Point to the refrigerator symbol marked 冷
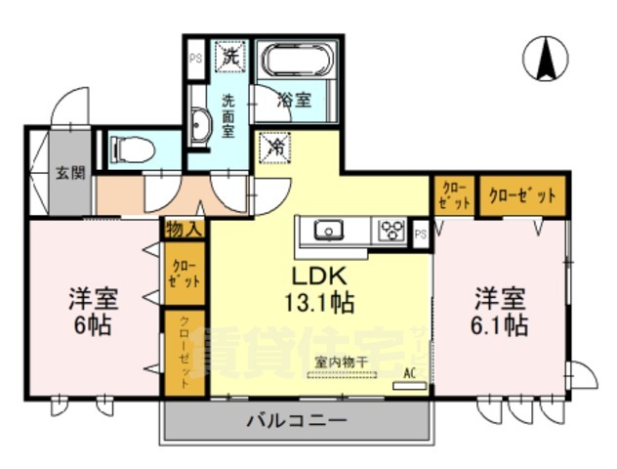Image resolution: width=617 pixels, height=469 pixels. point(275,149)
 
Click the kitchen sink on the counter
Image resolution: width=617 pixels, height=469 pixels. point(328,231)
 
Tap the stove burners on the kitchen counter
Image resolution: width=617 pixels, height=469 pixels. point(391,231)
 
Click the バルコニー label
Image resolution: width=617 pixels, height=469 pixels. point(295,421)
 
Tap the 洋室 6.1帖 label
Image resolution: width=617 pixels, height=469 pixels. point(501,310)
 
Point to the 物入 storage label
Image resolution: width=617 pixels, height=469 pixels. point(184,231)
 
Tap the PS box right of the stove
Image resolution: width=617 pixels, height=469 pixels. point(421,234)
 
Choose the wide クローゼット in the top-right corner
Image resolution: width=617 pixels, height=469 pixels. point(522,195)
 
